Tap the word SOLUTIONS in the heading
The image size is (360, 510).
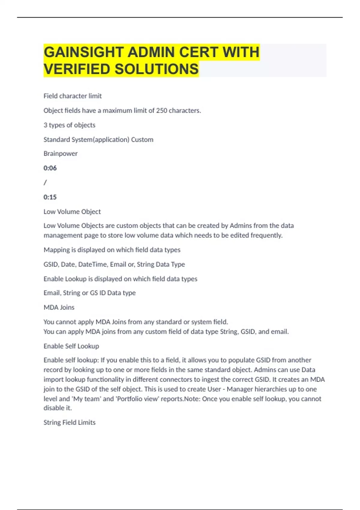[x=157, y=69]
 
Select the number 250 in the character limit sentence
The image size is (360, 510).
[x=162, y=111]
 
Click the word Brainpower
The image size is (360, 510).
[x=61, y=154]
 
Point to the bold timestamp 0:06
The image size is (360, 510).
[x=50, y=168]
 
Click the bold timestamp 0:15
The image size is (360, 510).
[x=50, y=197]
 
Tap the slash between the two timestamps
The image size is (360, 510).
[x=45, y=182]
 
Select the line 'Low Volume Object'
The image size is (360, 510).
[x=72, y=211]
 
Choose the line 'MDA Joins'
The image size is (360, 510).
[x=59, y=307]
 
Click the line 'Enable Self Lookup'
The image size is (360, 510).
[x=71, y=346]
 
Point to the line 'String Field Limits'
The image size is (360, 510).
[x=69, y=422]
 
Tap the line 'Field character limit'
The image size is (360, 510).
[x=73, y=96]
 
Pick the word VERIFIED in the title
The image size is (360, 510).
[x=77, y=69]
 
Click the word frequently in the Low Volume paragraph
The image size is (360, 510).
[x=267, y=235]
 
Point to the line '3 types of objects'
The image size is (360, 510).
[x=69, y=125]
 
